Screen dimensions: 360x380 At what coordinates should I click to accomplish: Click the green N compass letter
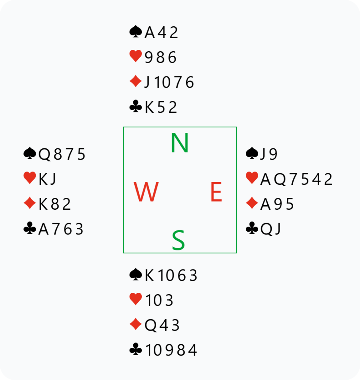pyautogui.click(x=180, y=143)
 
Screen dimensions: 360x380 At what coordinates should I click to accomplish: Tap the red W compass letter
pyautogui.click(x=146, y=192)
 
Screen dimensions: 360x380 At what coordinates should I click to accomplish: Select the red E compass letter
pyautogui.click(x=216, y=192)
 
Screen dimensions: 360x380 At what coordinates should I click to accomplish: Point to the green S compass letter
pyautogui.click(x=179, y=240)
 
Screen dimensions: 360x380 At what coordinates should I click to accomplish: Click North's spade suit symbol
pyautogui.click(x=136, y=32)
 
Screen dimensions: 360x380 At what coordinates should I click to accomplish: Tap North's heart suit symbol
pyautogui.click(x=136, y=56)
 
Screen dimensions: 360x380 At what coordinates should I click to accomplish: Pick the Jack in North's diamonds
pyautogui.click(x=147, y=82)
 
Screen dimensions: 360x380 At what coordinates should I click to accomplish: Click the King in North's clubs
pyautogui.click(x=149, y=107)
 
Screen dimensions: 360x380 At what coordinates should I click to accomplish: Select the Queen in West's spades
pyautogui.click(x=45, y=154)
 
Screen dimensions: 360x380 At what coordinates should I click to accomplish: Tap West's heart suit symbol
pyautogui.click(x=30, y=178)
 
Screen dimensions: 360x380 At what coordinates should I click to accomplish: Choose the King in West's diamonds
pyautogui.click(x=43, y=204)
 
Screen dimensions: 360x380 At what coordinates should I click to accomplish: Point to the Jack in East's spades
pyautogui.click(x=262, y=154)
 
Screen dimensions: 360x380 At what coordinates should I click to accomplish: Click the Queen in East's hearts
pyautogui.click(x=280, y=180)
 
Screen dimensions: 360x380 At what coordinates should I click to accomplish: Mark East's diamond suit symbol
pyautogui.click(x=252, y=203)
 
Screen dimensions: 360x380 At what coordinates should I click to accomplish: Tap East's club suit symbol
pyautogui.click(x=252, y=228)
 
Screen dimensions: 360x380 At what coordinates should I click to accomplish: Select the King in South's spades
pyautogui.click(x=149, y=276)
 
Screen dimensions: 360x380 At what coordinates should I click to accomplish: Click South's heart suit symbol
pyautogui.click(x=136, y=299)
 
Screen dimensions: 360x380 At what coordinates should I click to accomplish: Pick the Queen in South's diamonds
pyautogui.click(x=150, y=325)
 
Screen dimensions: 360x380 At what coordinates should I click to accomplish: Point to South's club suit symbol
pyautogui.click(x=136, y=349)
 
